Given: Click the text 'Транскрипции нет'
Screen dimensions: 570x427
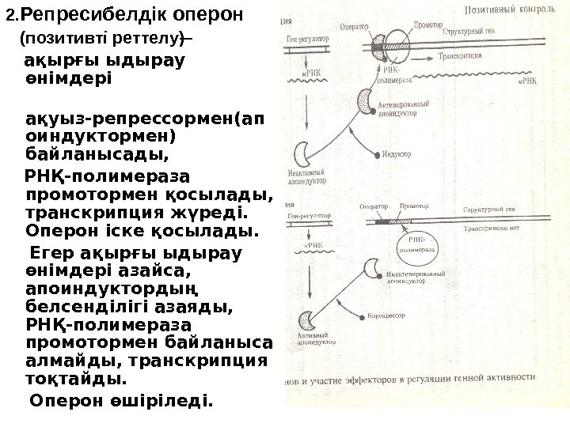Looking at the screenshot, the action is (490, 226).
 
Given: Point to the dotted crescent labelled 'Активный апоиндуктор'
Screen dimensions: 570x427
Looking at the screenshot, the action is (308, 319).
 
